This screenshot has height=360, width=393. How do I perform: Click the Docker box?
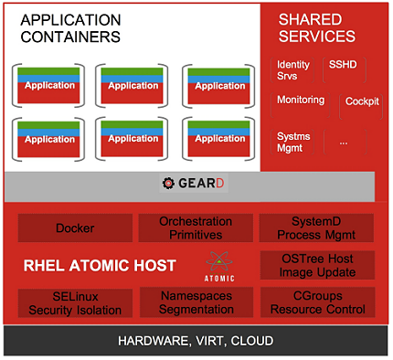coord(74,228)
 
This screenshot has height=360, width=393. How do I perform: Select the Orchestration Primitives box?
coord(195,228)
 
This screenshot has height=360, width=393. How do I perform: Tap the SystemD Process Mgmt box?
coord(316,228)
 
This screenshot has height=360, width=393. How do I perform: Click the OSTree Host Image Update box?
coord(316,266)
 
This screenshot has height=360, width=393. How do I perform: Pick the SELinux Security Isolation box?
coord(74,303)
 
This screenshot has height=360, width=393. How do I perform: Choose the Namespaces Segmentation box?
coord(195,303)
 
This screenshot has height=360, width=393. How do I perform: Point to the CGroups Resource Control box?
coord(316,303)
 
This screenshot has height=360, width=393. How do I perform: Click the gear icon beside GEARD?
coord(168,184)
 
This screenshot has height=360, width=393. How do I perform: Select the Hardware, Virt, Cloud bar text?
coord(196,342)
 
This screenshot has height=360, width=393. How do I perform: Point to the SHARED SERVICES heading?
coord(316,27)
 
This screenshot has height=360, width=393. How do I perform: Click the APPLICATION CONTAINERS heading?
coord(70,27)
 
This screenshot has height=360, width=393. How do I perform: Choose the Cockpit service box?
coord(362,102)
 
